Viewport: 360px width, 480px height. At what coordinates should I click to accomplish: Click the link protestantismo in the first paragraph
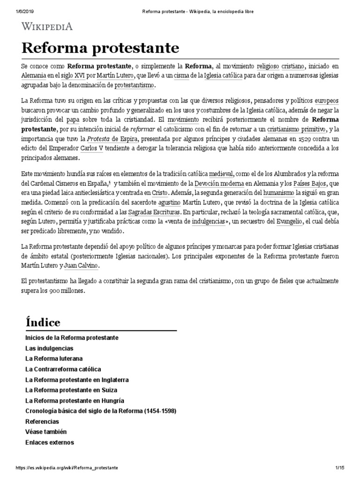point(133,86)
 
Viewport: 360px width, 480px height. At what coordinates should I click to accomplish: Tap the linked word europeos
point(326,101)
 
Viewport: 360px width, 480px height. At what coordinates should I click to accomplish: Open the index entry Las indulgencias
point(49,348)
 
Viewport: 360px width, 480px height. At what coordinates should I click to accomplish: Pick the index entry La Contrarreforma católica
point(63,369)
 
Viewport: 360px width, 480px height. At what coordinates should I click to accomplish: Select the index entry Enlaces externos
point(49,442)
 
